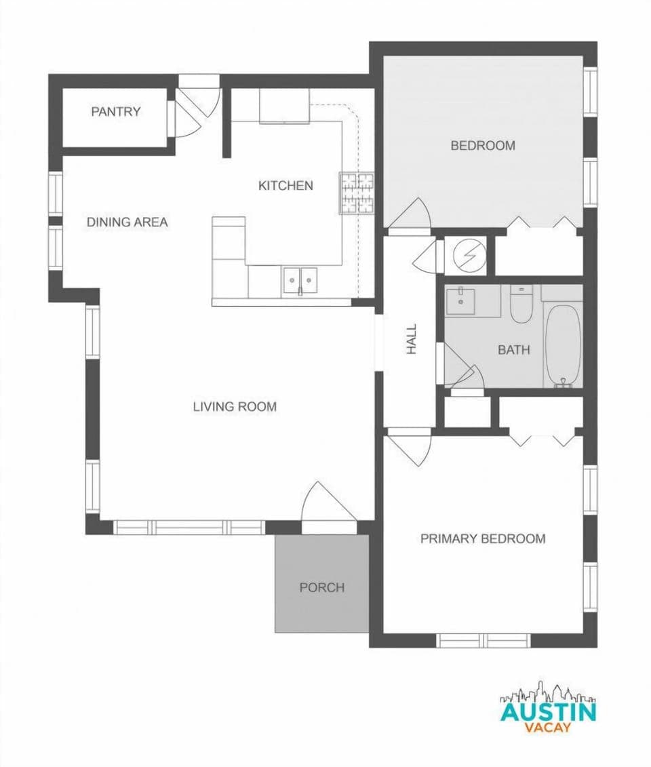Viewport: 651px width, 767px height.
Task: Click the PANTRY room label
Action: [115, 112]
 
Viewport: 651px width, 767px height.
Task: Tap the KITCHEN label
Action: [285, 185]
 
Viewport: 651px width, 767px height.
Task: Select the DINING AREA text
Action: [127, 222]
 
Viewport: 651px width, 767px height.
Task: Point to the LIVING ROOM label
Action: [235, 407]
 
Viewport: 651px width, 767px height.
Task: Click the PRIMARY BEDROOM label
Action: [483, 538]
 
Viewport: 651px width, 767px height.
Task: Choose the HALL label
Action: [412, 339]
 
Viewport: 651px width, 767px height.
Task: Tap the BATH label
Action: [513, 350]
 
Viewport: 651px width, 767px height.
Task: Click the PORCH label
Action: [322, 587]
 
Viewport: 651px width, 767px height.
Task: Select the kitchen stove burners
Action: [357, 193]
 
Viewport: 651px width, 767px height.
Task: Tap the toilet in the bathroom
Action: [521, 304]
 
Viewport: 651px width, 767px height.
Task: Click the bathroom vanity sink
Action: [462, 299]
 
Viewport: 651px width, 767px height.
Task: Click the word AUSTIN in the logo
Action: [548, 712]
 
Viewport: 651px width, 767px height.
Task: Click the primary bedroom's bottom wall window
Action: [483, 640]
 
